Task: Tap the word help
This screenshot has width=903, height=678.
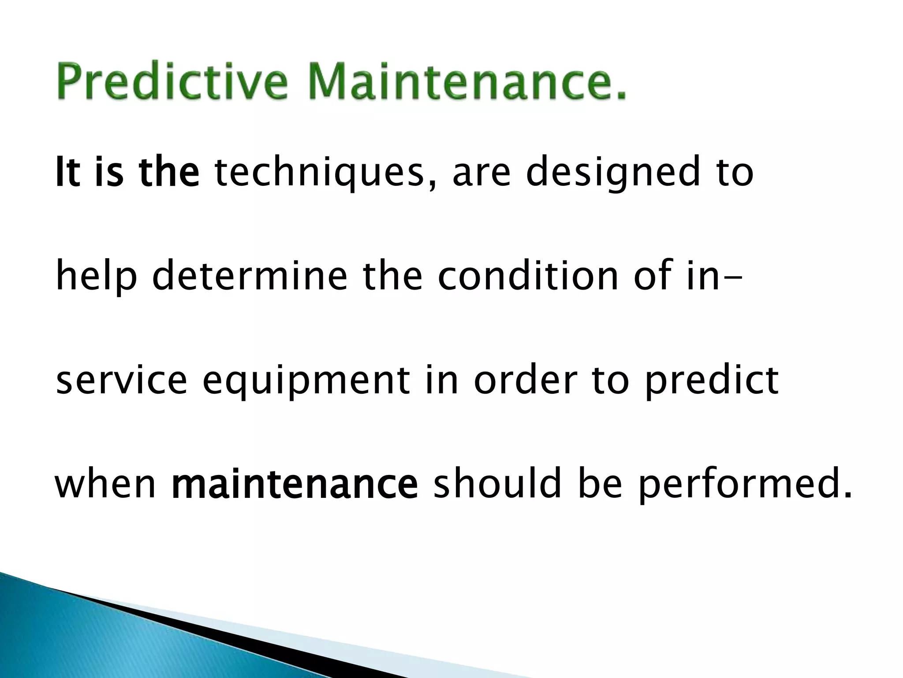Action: click(x=96, y=277)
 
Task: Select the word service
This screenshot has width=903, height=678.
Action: click(x=122, y=380)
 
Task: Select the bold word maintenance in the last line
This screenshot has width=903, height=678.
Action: click(x=295, y=484)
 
